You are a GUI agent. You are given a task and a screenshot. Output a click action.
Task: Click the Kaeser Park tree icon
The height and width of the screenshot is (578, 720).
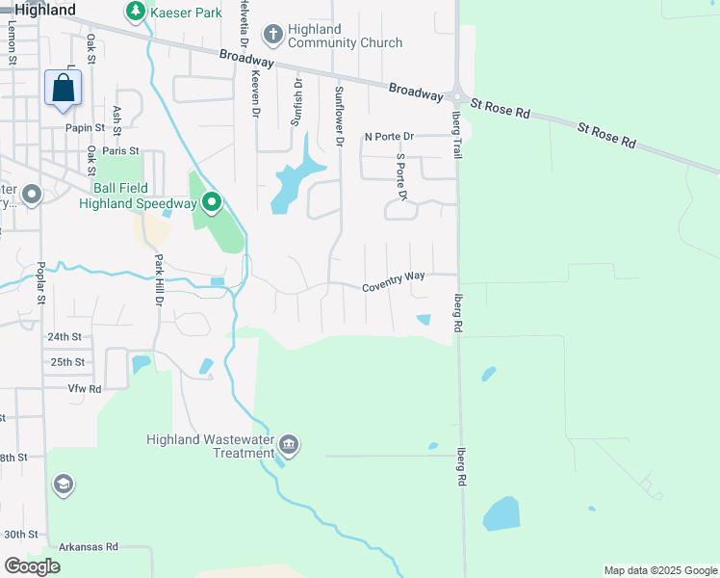pyautogui.click(x=136, y=13)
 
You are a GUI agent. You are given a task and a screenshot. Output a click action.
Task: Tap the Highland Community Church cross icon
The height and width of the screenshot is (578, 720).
pyautogui.click(x=273, y=36)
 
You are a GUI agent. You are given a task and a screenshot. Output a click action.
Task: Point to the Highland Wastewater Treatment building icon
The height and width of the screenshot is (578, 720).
pyautogui.click(x=289, y=445)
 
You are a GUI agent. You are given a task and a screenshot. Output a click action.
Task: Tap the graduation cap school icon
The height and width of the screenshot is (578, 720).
pyautogui.click(x=64, y=485)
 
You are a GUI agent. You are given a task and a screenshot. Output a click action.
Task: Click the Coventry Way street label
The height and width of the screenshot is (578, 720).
pyautogui.click(x=394, y=276)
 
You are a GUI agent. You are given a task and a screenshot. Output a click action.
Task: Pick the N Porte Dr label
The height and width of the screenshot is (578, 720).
pyautogui.click(x=388, y=137)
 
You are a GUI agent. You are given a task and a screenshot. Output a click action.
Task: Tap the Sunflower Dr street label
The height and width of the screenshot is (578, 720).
pyautogui.click(x=339, y=116)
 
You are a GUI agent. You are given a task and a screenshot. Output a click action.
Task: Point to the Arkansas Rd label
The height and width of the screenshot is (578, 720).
pyautogui.click(x=88, y=546)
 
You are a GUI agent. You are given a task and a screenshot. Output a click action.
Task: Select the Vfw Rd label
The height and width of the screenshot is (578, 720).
pyautogui.click(x=85, y=388)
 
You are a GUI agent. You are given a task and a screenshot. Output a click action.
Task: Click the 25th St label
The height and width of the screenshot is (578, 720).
pyautogui.click(x=67, y=362)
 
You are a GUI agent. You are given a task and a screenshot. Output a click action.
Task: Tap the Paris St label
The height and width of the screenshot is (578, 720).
pyautogui.click(x=121, y=151)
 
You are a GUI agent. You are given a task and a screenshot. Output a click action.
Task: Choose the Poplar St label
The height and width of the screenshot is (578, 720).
pyautogui.click(x=41, y=282)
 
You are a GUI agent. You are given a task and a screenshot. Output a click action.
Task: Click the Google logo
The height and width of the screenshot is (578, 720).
pyautogui.click(x=32, y=566)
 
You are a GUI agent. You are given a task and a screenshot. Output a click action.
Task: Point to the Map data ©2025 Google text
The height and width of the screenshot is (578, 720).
pyautogui.click(x=659, y=570)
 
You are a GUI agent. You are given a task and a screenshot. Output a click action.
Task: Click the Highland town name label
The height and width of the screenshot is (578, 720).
pyautogui.click(x=45, y=10)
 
